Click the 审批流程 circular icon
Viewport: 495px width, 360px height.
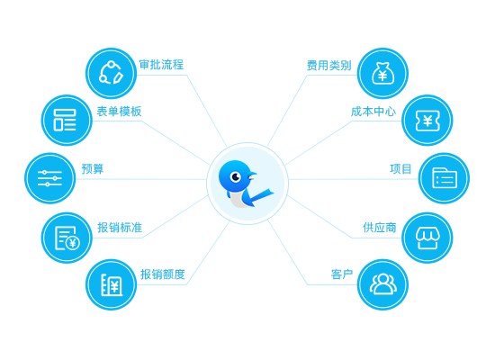click(x=111, y=73)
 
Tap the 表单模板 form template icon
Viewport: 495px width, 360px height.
click(x=67, y=120)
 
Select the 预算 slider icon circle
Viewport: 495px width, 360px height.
click(x=49, y=178)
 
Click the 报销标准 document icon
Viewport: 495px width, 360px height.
click(x=67, y=238)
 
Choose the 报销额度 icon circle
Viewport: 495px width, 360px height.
click(x=111, y=284)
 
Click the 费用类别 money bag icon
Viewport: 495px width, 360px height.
click(x=382, y=73)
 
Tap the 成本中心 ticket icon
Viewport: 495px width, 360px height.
click(x=427, y=120)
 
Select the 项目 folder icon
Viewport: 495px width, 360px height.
click(x=444, y=178)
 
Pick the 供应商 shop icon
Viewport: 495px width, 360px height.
click(x=427, y=238)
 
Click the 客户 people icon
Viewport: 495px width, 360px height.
click(x=382, y=284)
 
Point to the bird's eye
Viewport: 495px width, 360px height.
click(x=236, y=176)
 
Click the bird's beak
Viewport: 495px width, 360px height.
click(x=253, y=175)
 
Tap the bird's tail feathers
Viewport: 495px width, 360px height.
click(x=261, y=196)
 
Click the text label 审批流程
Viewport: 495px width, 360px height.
click(x=161, y=65)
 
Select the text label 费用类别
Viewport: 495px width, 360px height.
click(x=328, y=66)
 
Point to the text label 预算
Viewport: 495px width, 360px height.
click(x=93, y=169)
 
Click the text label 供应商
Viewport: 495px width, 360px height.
click(x=380, y=228)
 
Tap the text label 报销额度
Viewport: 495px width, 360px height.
click(x=163, y=274)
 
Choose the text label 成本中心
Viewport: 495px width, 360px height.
click(x=373, y=112)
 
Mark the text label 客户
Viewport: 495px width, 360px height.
click(x=342, y=274)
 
